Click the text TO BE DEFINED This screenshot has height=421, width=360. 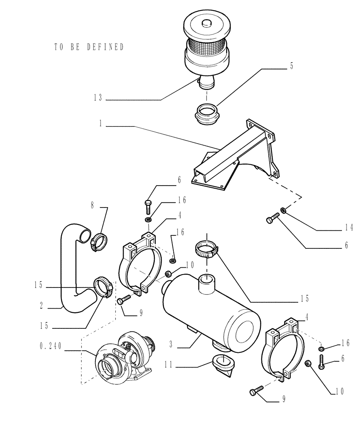pyautogui.click(x=89, y=47)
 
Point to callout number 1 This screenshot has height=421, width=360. pyautogui.click(x=101, y=125)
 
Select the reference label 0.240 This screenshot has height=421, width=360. pyautogui.click(x=51, y=346)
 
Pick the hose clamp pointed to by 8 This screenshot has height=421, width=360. pyautogui.click(x=100, y=240)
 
